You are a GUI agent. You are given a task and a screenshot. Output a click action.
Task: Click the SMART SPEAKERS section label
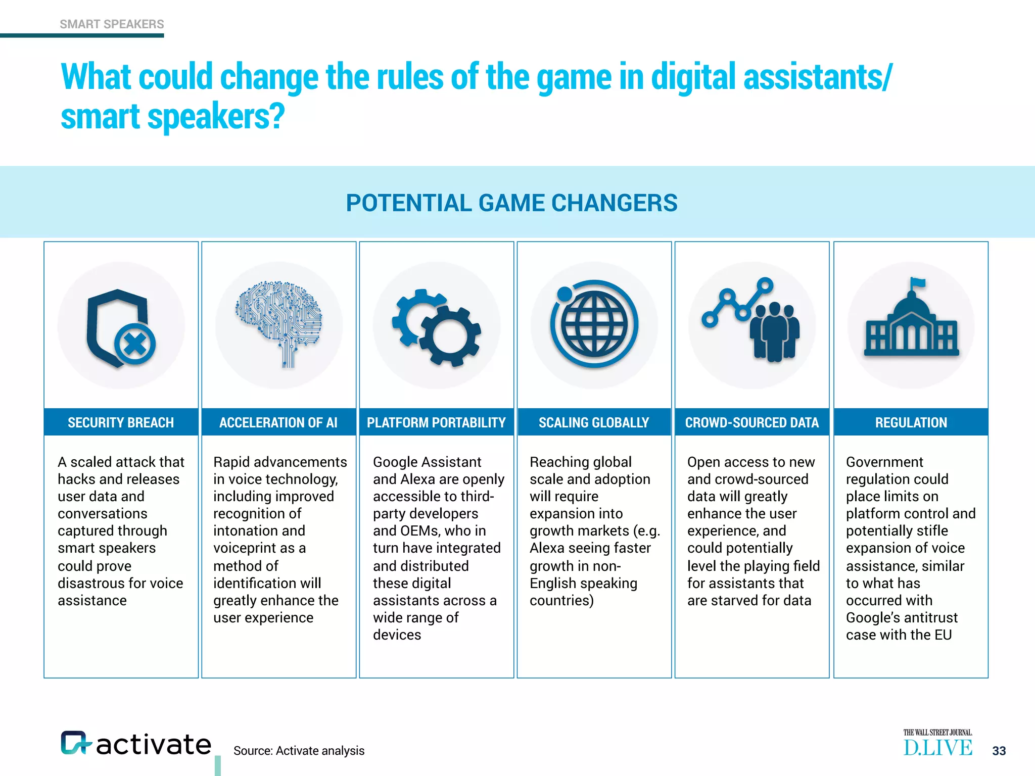pyautogui.click(x=112, y=24)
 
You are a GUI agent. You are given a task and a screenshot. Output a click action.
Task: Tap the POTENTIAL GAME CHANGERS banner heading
pyautogui.click(x=511, y=203)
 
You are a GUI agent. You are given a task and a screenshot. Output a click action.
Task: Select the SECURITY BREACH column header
pyautogui.click(x=121, y=422)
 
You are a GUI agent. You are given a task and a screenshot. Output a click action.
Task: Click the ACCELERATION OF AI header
pyautogui.click(x=278, y=422)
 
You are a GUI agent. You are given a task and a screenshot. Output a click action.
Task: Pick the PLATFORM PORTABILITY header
pyautogui.click(x=436, y=422)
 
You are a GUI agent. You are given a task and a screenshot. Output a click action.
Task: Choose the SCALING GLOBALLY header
pyautogui.click(x=594, y=422)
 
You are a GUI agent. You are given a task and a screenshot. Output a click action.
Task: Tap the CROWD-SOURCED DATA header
pyautogui.click(x=751, y=422)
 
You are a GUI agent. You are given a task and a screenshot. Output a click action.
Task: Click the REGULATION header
pyautogui.click(x=911, y=422)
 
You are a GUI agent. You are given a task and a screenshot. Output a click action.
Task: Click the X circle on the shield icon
pyautogui.click(x=135, y=345)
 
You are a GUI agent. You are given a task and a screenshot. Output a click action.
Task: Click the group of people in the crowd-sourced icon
pyautogui.click(x=774, y=333)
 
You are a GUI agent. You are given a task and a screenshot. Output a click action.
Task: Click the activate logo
pyautogui.click(x=136, y=744)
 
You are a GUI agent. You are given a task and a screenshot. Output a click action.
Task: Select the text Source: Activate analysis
pyautogui.click(x=299, y=751)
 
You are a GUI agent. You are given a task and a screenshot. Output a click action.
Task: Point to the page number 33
pyautogui.click(x=999, y=751)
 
